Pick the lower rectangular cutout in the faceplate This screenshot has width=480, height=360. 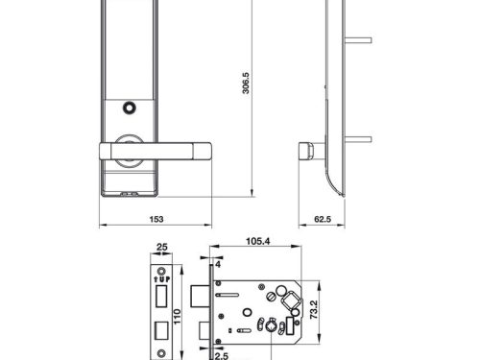160,330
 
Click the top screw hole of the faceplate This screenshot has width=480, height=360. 160,268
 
